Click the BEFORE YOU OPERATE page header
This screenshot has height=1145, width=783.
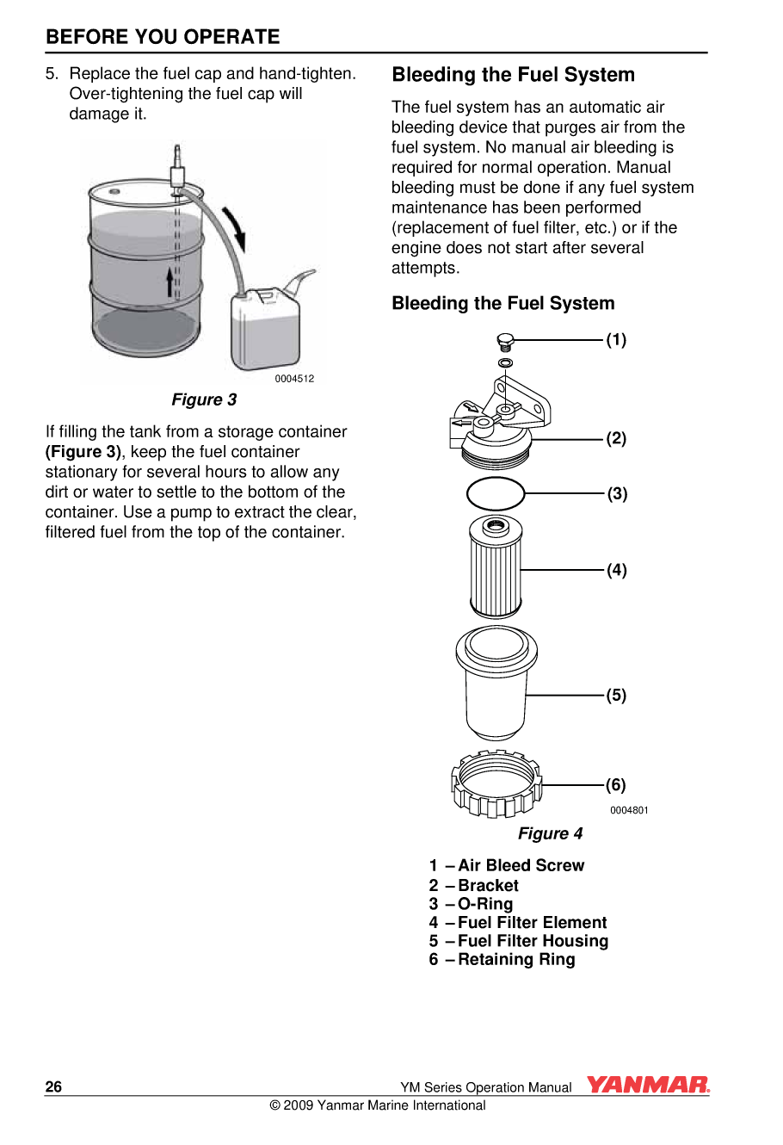[x=163, y=37]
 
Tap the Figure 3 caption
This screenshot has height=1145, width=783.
[x=204, y=399]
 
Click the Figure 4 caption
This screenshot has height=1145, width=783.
[x=550, y=833]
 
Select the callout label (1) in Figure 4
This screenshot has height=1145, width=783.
[x=616, y=340]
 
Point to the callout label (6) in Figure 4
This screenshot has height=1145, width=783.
[x=616, y=784]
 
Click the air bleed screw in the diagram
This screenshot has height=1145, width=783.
[x=506, y=342]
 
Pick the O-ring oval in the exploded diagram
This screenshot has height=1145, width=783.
[x=496, y=494]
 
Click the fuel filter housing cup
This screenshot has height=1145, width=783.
[x=496, y=684]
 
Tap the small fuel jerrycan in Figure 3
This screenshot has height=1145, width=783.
[x=267, y=327]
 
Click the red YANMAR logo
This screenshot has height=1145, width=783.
[x=648, y=1085]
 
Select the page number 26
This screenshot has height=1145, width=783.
[x=53, y=1087]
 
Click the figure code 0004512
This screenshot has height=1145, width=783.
[x=294, y=379]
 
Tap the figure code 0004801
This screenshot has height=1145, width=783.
[x=629, y=810]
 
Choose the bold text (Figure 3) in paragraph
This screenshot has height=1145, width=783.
[x=83, y=452]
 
